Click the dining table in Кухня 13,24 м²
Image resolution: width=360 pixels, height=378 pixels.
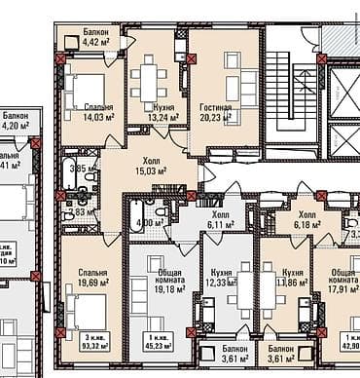point(150,77)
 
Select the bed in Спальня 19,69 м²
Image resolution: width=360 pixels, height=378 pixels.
point(84,314)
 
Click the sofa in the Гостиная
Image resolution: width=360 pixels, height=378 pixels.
point(236,62)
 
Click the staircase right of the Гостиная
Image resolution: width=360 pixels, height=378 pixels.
point(290,97)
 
